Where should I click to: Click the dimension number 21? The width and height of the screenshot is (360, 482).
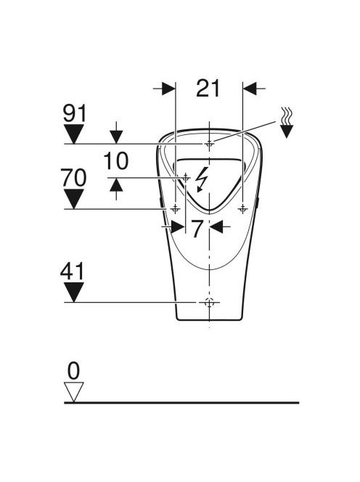[x=208, y=89]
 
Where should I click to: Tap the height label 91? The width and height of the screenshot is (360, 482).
[x=75, y=113]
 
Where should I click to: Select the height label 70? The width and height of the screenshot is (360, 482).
[x=74, y=178]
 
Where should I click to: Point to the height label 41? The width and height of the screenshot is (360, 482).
[x=73, y=271]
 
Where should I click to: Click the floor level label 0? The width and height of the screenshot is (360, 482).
[x=73, y=371]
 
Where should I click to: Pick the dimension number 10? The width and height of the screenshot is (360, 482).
[x=116, y=161]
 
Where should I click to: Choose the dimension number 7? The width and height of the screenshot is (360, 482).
[x=197, y=229]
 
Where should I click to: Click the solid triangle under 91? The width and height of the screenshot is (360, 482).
[x=73, y=134]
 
